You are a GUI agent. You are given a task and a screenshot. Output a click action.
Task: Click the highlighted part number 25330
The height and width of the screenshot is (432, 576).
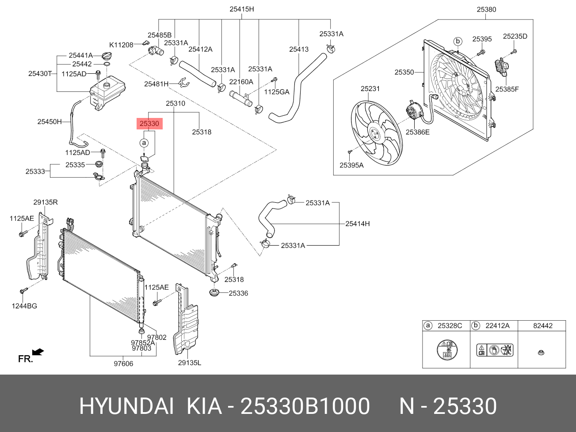149,124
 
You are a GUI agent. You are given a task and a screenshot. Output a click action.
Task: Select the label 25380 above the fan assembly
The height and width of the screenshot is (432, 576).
486,9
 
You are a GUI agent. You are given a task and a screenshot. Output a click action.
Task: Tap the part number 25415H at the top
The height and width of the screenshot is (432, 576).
242,9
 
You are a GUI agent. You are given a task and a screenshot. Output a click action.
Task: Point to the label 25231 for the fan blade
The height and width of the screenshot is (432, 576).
370,89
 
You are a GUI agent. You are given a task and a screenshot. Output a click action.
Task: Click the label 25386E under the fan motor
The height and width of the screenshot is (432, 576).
417,132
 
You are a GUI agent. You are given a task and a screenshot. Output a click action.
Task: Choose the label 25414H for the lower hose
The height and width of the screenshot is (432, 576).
357,224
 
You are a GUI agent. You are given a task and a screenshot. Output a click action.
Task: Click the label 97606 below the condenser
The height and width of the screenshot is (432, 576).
123,364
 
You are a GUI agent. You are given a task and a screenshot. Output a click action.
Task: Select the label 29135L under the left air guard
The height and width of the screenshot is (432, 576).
189,363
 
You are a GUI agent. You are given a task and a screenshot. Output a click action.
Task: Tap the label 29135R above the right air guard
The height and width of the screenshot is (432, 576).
46,203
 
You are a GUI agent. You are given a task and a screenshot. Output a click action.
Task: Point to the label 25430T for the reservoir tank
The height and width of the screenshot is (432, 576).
40,74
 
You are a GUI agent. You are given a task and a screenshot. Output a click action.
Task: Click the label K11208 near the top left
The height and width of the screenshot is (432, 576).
121,45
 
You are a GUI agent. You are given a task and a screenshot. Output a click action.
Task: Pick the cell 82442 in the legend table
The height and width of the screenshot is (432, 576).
542,326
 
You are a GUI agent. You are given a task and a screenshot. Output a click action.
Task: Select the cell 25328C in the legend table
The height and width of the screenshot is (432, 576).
450,326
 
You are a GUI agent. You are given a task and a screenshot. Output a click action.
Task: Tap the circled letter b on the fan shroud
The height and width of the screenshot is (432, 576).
458,42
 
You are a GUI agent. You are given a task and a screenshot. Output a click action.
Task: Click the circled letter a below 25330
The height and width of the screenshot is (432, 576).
144,143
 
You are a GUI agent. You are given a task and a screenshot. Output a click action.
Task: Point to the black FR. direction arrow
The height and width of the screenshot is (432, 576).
38,352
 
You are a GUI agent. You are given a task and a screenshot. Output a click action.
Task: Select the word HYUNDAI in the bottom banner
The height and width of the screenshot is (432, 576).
126,406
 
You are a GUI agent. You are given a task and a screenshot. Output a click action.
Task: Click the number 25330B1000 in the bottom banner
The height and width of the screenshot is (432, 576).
305,406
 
